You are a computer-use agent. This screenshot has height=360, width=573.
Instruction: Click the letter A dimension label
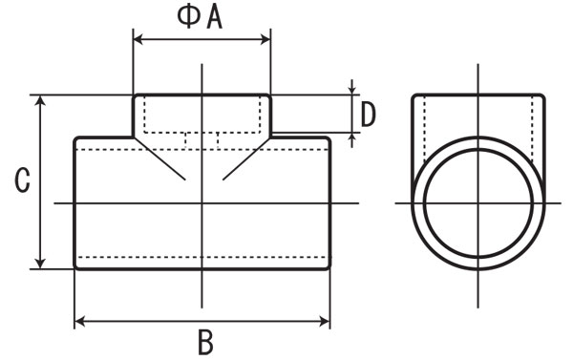tap(215, 17)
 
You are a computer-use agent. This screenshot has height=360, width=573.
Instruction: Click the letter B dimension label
tap(205, 342)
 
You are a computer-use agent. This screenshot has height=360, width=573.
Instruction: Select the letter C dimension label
tap(22, 180)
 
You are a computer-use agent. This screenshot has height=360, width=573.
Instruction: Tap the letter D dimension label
tap(368, 115)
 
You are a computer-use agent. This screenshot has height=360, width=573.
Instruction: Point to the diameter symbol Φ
tap(188, 17)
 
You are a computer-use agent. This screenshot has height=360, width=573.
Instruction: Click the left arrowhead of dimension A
tap(138, 39)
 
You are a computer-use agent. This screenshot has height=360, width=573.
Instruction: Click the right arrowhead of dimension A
tap(265, 39)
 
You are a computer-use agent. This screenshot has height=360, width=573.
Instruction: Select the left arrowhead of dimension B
tap(79, 322)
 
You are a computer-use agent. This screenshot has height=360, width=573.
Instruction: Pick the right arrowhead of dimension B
tap(325, 322)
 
